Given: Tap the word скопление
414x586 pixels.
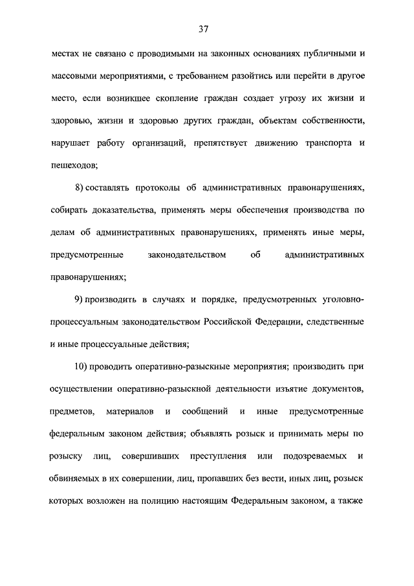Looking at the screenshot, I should pyautogui.click(x=188, y=99).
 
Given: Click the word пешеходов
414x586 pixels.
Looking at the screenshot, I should pyautogui.click(x=73, y=165).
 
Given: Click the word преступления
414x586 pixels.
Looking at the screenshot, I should pyautogui.click(x=219, y=456).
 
